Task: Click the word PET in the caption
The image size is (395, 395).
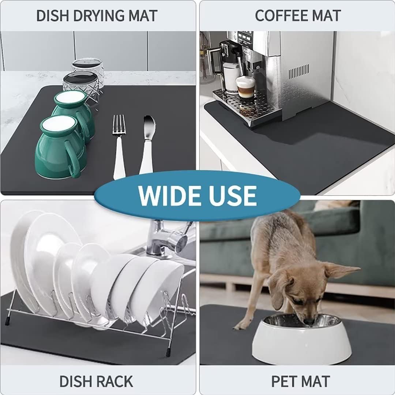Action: [x=284, y=381]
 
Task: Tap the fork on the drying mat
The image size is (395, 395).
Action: [x=119, y=146]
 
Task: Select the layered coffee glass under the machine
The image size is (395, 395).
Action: [x=245, y=88]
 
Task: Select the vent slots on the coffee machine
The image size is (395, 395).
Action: [x=299, y=71]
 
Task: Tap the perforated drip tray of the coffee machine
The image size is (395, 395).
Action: [x=243, y=106]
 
